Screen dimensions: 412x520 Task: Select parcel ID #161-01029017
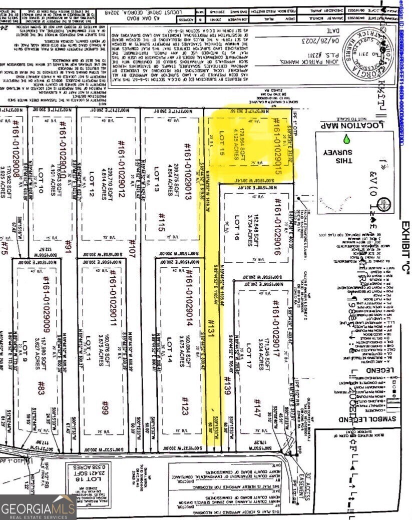(274, 324)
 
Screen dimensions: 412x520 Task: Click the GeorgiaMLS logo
(38, 506)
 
